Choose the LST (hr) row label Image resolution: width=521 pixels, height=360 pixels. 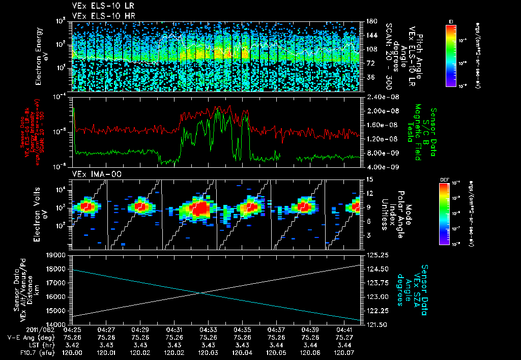[x=25, y=345]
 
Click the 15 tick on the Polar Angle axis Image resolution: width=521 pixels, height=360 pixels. [x=367, y=179]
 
